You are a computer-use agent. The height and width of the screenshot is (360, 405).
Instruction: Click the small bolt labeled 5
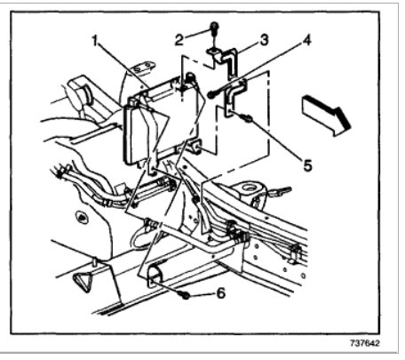click(x=249, y=117)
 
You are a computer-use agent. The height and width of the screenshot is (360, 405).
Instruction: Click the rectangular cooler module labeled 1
click(x=164, y=120)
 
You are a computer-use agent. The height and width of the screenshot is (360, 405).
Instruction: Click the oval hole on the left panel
click(x=81, y=216)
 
